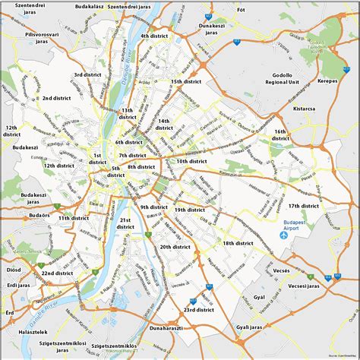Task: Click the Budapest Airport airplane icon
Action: point(283,235)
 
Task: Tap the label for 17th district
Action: point(303,206)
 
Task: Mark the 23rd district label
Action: point(200,310)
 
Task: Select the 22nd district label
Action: point(58,273)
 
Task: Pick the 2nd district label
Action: point(58,98)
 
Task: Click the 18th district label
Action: point(238,243)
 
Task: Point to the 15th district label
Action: point(186,81)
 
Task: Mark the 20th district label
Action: point(175,247)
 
